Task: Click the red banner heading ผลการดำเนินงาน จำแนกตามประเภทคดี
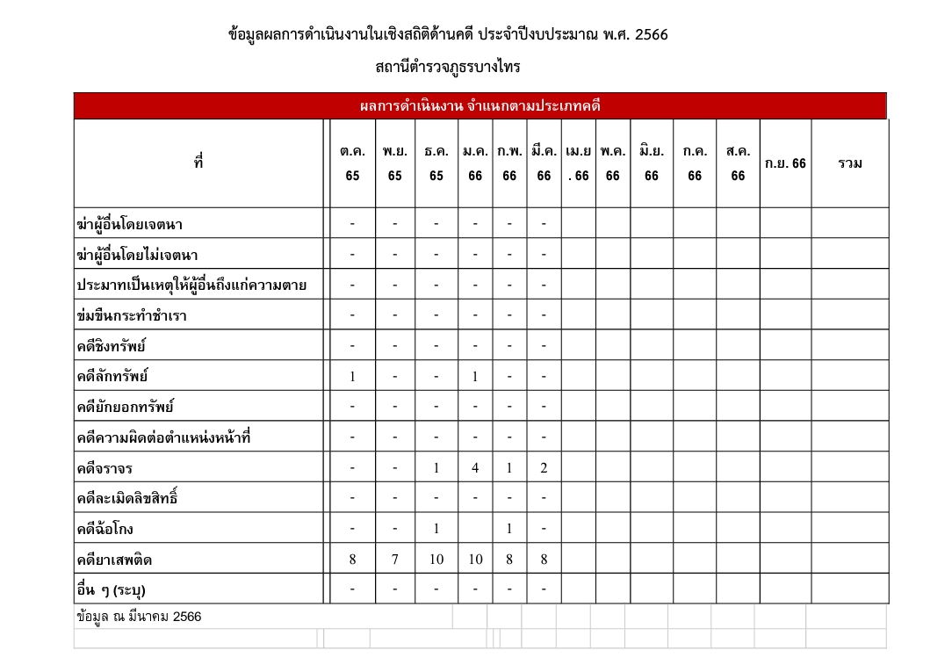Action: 480,106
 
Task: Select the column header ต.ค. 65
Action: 352,163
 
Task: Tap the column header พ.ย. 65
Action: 394,163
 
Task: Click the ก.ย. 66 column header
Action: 785,163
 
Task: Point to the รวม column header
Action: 849,163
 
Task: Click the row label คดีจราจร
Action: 105,468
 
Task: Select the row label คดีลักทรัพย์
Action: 112,377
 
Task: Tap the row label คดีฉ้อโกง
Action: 105,529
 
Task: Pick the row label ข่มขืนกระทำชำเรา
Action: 132,315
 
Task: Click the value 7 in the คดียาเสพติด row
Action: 394,560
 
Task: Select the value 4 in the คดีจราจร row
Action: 474,468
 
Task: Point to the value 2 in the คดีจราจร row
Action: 544,468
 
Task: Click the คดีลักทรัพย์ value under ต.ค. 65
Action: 352,377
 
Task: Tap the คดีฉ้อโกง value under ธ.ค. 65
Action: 436,529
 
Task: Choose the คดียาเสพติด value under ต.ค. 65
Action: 352,560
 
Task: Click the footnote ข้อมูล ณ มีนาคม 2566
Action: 140,617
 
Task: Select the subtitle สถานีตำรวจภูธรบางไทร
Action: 448,67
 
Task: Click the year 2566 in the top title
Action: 651,36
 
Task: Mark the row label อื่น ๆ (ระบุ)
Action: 111,589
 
